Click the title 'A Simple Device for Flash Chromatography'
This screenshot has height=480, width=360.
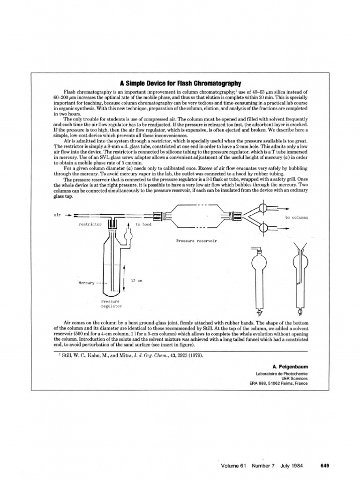click(x=180, y=83)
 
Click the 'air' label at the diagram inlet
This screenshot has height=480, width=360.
click(x=57, y=215)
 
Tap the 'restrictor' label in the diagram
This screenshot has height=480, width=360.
click(x=90, y=225)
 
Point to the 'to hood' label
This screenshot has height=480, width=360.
click(x=143, y=225)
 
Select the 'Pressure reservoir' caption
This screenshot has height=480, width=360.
click(x=196, y=241)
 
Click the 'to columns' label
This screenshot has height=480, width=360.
click(x=297, y=217)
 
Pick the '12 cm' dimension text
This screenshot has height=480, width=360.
click(x=136, y=280)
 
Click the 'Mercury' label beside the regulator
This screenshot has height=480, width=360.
click(x=87, y=283)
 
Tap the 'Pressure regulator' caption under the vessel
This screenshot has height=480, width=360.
click(x=112, y=304)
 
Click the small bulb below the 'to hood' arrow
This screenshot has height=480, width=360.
click(x=128, y=236)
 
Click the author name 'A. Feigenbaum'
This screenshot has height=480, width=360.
click(x=290, y=367)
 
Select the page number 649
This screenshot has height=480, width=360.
click(x=325, y=466)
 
